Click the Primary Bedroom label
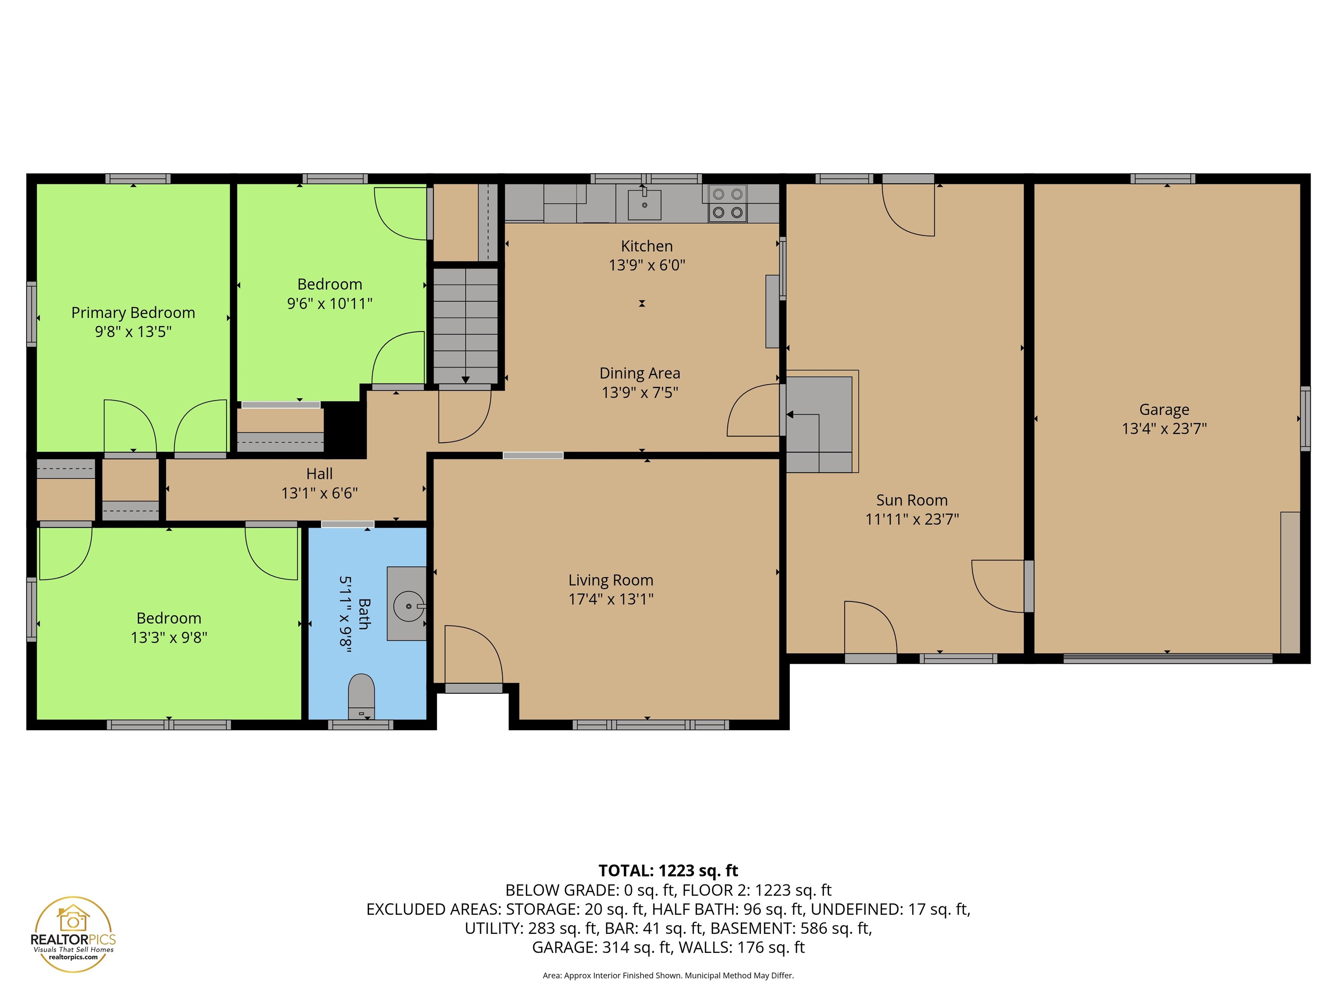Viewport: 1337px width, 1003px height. click(133, 313)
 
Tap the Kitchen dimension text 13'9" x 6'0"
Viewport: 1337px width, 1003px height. click(647, 265)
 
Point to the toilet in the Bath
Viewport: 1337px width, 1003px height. click(361, 696)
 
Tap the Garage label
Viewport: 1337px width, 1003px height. click(1164, 409)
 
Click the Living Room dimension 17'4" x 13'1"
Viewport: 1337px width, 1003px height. click(611, 599)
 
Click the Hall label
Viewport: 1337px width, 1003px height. click(319, 473)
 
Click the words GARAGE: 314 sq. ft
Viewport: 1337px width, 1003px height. click(601, 947)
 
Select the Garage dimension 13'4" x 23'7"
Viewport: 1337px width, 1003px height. click(1164, 428)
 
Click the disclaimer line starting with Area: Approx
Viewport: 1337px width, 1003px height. click(668, 975)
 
